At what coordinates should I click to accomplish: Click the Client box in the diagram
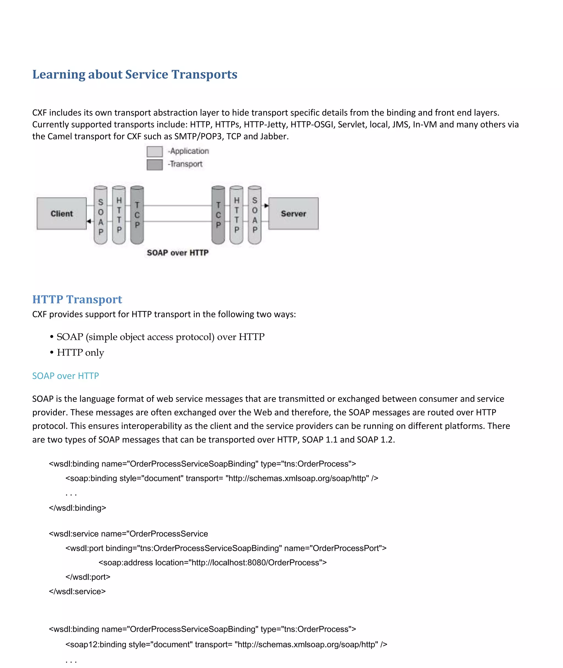click(x=62, y=214)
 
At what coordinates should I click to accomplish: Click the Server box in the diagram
click(x=293, y=214)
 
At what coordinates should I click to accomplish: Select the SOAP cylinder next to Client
click(x=101, y=216)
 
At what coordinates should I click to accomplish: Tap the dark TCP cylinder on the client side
click(x=137, y=216)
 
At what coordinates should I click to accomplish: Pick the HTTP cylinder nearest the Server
click(x=236, y=216)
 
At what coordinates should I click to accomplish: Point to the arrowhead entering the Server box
click(x=266, y=206)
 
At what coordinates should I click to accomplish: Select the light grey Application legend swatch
click(x=154, y=151)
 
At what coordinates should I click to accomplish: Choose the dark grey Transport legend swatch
click(x=154, y=165)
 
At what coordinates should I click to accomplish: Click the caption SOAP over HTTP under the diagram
click(x=178, y=253)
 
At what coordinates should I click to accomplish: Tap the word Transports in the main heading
click(x=204, y=75)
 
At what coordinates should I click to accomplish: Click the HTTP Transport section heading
click(x=77, y=299)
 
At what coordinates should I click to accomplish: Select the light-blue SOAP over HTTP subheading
click(x=65, y=376)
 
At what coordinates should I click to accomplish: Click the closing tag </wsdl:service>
click(x=77, y=591)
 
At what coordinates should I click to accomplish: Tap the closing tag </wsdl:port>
click(x=88, y=577)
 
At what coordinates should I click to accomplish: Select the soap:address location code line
click(x=212, y=563)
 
